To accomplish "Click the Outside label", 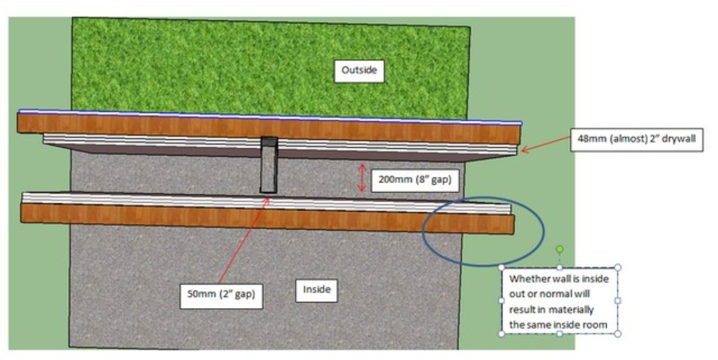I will [359, 71].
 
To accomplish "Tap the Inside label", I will [317, 290].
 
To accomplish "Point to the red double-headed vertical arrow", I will [361, 178].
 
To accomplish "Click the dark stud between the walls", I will [268, 164].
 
